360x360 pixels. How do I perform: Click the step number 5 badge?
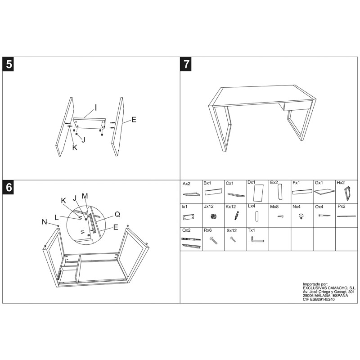tap(9, 64)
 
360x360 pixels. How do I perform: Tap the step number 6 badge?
tap(9, 187)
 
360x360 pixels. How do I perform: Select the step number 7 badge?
tap(187, 64)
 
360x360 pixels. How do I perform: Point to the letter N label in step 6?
tap(44, 221)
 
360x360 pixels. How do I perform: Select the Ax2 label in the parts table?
tap(186, 184)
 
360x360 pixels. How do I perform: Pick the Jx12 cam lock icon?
tap(213, 216)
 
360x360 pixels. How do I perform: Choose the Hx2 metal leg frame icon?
tap(347, 193)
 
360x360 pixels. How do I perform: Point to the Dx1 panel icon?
tap(258, 194)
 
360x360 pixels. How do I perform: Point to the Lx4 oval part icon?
tap(257, 217)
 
